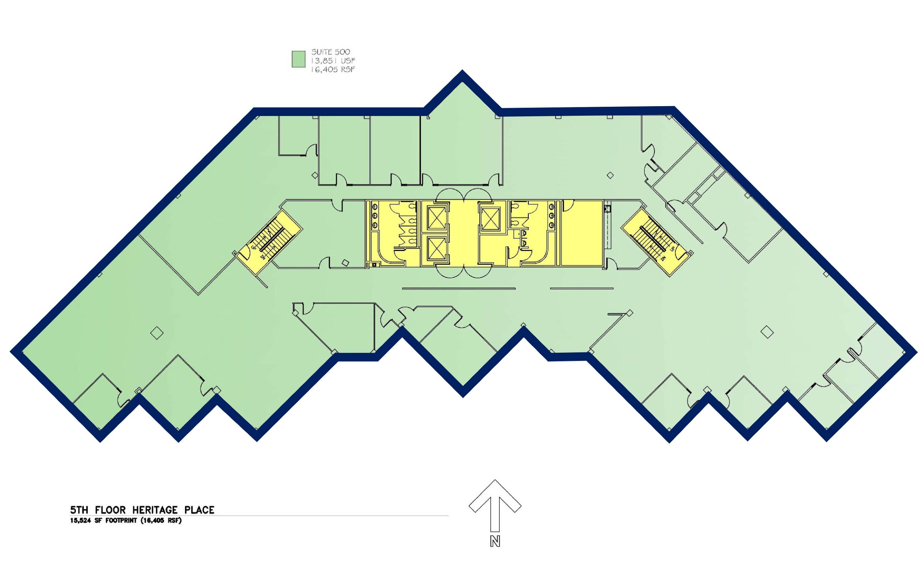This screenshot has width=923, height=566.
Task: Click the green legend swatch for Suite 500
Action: [x=298, y=59]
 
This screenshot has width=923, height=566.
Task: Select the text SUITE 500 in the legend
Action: [x=331, y=52]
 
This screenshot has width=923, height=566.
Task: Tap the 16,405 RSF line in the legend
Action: [x=333, y=69]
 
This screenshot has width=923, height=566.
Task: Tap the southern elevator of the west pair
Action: [x=436, y=250]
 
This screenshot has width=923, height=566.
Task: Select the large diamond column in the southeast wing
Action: [x=768, y=332]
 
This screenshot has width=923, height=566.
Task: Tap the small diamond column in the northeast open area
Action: [x=610, y=175]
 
